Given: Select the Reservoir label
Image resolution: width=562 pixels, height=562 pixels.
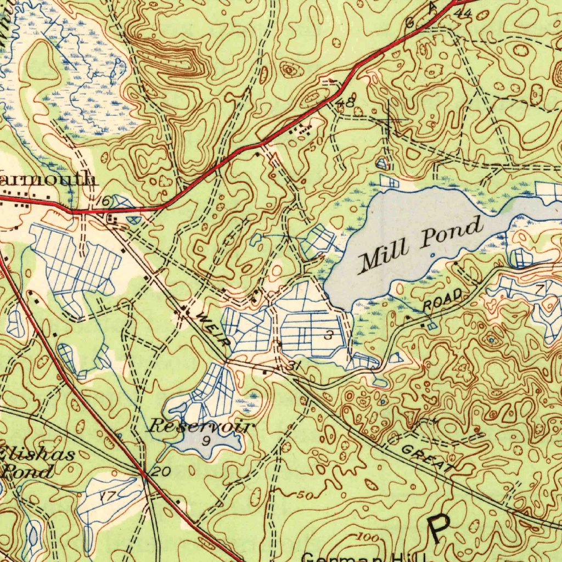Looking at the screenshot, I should (x=202, y=426).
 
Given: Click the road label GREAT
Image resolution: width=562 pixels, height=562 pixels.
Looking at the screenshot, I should (x=428, y=459).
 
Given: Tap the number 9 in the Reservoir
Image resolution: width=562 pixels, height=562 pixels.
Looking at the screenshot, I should (x=206, y=441).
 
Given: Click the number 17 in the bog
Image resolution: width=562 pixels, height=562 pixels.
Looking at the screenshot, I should (x=108, y=496).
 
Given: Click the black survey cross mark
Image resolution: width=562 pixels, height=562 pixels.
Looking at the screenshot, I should (x=389, y=119).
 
